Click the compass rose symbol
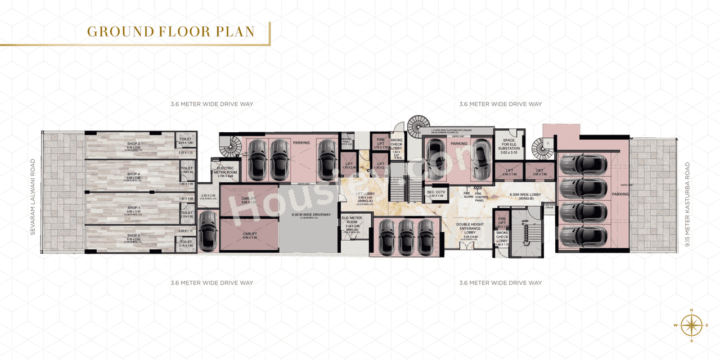click(x=691, y=325)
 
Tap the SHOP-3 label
click(x=133, y=145)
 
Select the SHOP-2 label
click(x=133, y=236)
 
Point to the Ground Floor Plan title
click(x=170, y=31)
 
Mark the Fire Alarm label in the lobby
click(x=467, y=195)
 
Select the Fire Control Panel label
click(x=479, y=196)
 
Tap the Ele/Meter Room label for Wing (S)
click(x=353, y=224)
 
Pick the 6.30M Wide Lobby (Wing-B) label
click(x=524, y=196)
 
